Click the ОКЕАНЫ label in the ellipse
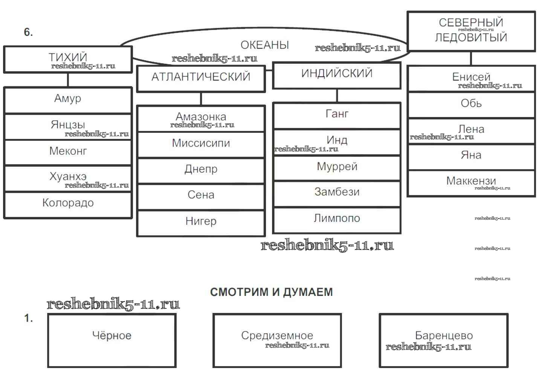264,45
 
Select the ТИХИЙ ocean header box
68,59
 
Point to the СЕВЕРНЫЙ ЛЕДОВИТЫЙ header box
471,31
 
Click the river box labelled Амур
68,100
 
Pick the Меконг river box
68,152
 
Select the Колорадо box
68,204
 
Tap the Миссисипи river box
201,144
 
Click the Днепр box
201,170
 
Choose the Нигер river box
201,222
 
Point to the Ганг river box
337,115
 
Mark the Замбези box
337,193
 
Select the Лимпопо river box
337,219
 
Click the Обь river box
471,104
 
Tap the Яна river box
471,156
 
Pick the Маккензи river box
471,182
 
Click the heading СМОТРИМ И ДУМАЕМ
271,292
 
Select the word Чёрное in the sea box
112,336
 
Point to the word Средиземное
277,336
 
